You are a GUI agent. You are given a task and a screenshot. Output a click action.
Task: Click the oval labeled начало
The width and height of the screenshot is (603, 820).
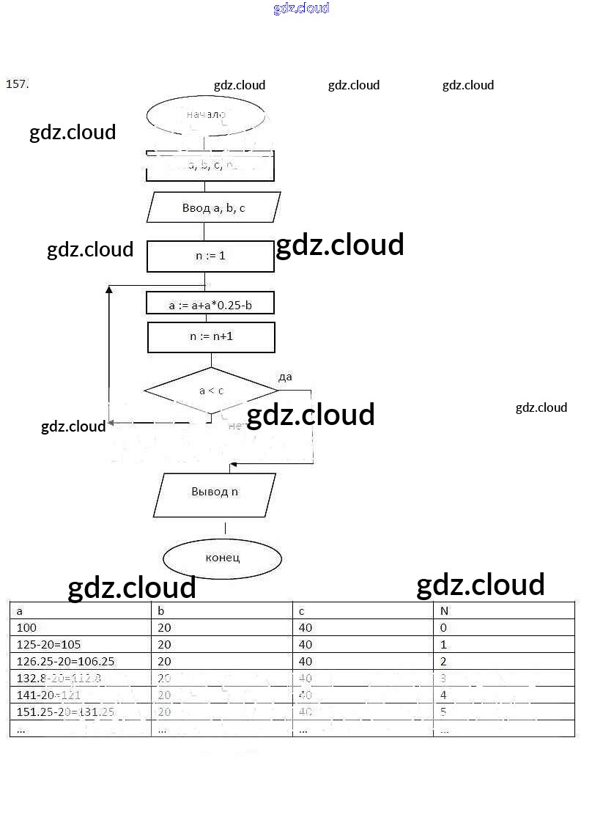point(206,115)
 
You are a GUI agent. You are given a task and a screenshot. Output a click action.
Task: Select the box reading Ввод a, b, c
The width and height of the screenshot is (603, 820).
point(213,208)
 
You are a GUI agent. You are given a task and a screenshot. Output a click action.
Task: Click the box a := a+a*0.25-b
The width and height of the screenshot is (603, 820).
point(210,304)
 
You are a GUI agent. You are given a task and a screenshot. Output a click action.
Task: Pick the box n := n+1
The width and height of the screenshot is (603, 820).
point(211,337)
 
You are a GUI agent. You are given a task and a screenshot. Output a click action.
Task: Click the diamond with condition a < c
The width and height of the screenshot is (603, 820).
point(211,391)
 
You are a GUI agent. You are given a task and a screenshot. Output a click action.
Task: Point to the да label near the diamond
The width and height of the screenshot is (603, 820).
point(285,377)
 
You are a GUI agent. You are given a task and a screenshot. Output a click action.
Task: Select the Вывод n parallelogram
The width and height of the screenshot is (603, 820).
point(215,492)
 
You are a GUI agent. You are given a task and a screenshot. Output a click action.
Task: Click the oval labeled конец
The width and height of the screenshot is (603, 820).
point(222,558)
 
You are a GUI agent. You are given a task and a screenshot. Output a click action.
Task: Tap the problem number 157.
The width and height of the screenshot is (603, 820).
point(17,84)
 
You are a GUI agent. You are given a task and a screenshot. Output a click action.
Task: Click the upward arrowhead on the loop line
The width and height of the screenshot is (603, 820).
point(109,291)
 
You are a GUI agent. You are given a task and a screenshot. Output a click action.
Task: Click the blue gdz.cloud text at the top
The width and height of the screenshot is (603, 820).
point(301,8)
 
